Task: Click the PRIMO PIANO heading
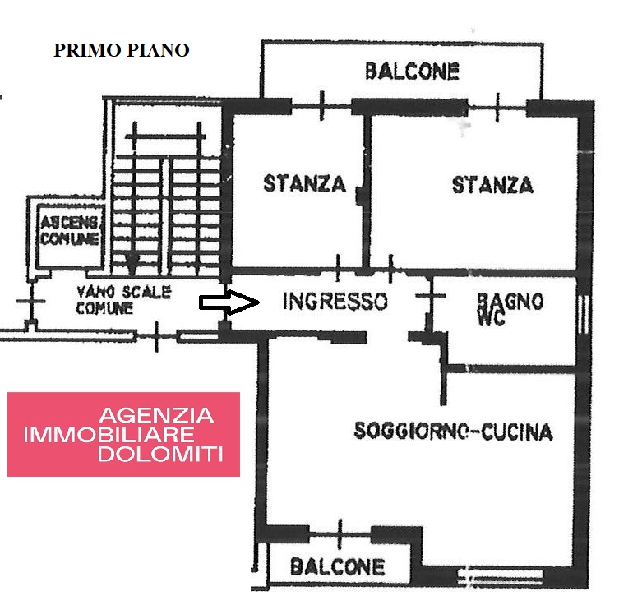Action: (121, 50)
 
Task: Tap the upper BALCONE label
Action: (412, 72)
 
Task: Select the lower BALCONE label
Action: (338, 567)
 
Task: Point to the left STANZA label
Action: (304, 183)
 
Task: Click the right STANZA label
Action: (492, 185)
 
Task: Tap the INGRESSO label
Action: (335, 301)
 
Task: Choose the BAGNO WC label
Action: (510, 308)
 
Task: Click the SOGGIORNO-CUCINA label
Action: (453, 431)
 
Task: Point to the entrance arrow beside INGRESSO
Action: (229, 302)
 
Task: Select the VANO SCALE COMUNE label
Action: (123, 299)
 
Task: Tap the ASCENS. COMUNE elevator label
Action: (70, 230)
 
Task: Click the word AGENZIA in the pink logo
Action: (156, 416)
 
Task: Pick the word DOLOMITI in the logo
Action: (160, 454)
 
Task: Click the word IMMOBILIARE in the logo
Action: (109, 435)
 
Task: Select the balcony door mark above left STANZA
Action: (321, 106)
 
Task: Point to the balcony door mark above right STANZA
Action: (497, 107)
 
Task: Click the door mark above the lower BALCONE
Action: (340, 534)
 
